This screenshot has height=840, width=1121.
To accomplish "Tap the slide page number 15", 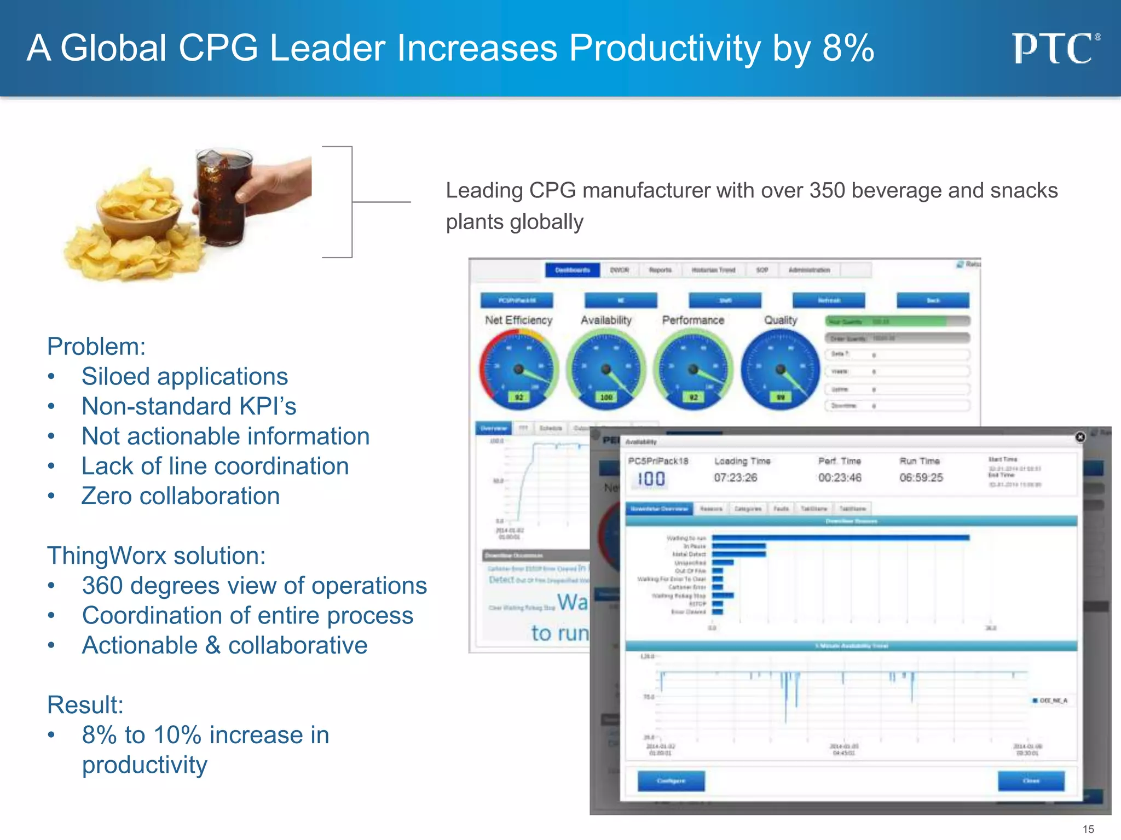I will (x=1088, y=829).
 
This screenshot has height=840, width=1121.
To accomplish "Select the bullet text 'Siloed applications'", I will (x=184, y=376).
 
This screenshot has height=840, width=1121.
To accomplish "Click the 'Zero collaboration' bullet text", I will (x=181, y=496).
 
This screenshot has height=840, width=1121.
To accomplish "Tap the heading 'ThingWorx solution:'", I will (x=157, y=556).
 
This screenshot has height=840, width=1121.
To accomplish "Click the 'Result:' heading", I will (x=85, y=705).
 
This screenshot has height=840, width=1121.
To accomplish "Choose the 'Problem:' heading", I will (x=96, y=347).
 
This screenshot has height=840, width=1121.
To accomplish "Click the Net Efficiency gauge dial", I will (x=518, y=370).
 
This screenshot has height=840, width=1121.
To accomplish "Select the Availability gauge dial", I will (x=605, y=370).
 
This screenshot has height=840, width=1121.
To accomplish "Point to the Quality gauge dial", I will (x=781, y=370).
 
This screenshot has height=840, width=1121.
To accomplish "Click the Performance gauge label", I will (x=693, y=320).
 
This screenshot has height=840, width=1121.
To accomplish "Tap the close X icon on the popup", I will (x=1080, y=437).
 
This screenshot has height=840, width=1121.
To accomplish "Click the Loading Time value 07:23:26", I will (x=735, y=477).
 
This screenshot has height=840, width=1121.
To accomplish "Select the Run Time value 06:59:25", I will (x=921, y=477).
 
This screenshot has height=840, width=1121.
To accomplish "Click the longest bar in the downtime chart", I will (x=840, y=538).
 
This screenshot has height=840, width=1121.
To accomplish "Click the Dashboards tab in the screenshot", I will (x=572, y=270).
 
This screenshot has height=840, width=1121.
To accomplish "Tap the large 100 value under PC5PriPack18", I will (x=651, y=479).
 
